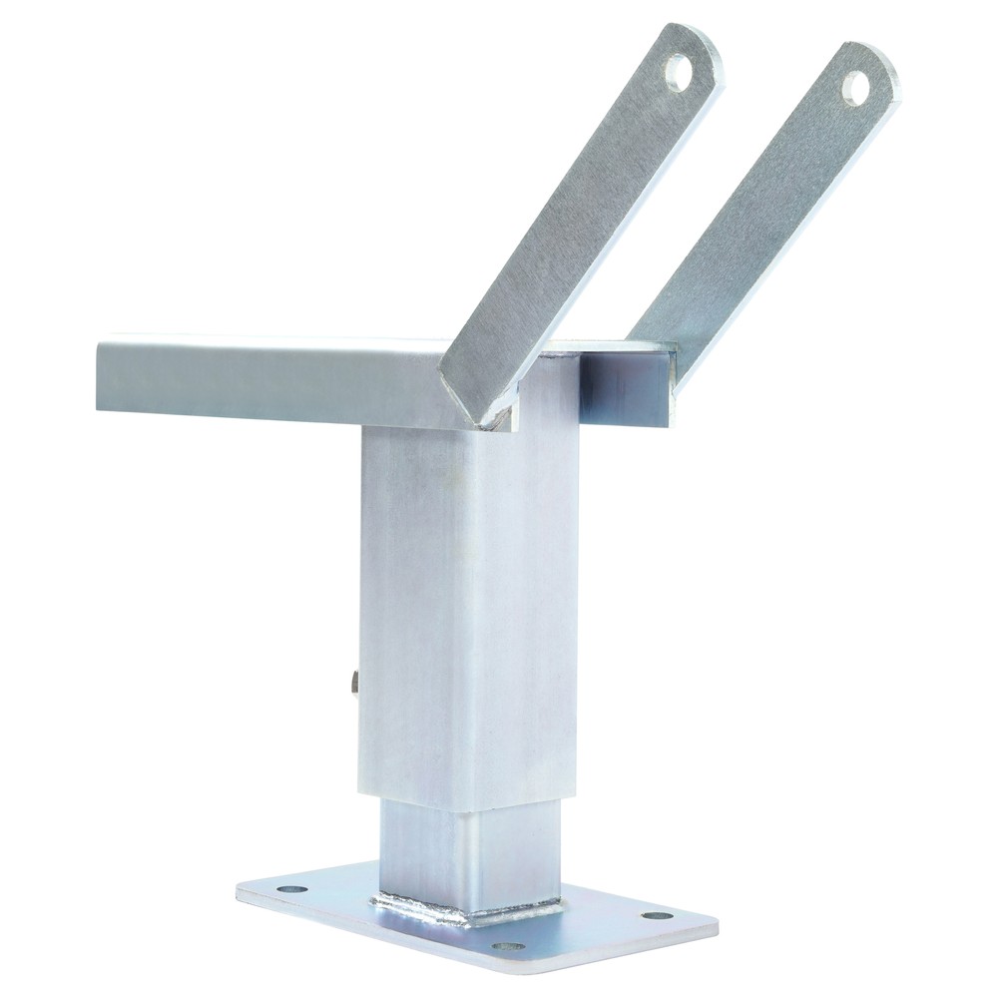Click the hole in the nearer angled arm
pyautogui.click(x=680, y=72)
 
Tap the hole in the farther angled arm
pyautogui.click(x=856, y=87)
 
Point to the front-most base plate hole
pyautogui.click(x=506, y=944)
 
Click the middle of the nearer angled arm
pyautogui.click(x=579, y=230)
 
